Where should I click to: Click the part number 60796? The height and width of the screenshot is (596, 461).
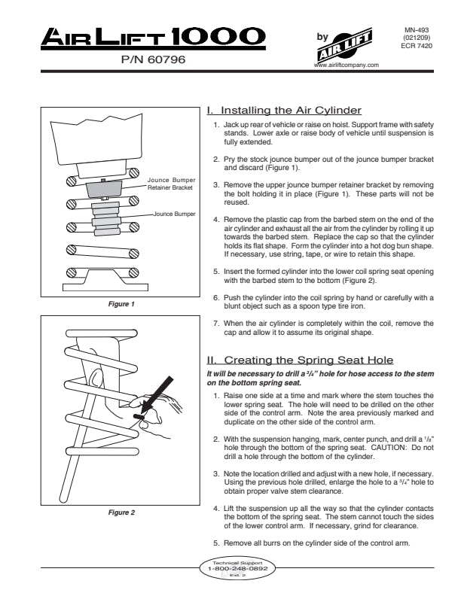tap(166, 59)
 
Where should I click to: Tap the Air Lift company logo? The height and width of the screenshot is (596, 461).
tap(345, 44)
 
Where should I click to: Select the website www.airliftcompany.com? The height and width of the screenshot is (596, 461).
tap(347, 65)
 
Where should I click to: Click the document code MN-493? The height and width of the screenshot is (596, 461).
tap(417, 30)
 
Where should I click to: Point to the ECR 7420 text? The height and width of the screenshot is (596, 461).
tap(417, 46)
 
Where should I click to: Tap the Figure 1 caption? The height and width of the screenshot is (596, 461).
tap(121, 304)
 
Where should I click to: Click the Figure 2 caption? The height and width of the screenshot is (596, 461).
tap(121, 512)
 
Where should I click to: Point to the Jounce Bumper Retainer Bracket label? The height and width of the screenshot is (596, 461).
tap(171, 184)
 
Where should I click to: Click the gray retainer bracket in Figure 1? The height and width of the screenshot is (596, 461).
tap(104, 189)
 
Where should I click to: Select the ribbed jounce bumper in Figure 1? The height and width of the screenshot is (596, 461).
tap(106, 218)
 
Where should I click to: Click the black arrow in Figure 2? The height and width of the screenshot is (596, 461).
tap(157, 394)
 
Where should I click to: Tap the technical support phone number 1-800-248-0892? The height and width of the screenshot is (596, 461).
tap(238, 569)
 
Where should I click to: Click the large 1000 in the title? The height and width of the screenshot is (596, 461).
tap(218, 37)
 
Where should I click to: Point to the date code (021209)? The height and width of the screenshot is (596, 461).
tap(417, 38)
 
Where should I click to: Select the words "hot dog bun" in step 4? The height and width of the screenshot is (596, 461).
tap(383, 246)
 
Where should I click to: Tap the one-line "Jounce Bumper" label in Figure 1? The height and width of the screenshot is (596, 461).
tap(174, 214)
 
